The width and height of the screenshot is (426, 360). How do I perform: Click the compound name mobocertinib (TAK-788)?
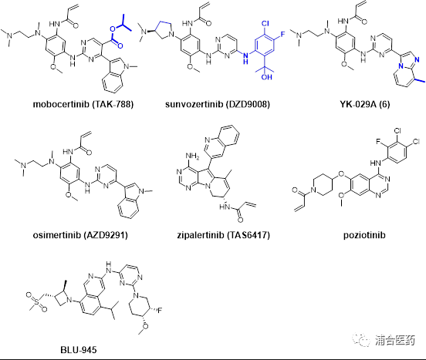[x=83, y=104]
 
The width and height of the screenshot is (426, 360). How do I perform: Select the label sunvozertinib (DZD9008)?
[x=218, y=104]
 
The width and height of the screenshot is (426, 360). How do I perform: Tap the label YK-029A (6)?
[x=364, y=104]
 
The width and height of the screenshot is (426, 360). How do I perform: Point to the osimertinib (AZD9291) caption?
[x=80, y=235]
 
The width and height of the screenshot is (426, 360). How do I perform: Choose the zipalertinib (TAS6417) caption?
[x=223, y=235]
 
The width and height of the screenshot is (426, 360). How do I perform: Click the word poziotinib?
[x=364, y=235]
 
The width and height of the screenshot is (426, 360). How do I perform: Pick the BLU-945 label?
[x=78, y=350]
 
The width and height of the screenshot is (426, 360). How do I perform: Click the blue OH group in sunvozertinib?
[x=266, y=77]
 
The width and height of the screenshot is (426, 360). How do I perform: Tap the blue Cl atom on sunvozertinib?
[x=265, y=24]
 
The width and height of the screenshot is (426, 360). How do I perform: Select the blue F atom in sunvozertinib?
[x=282, y=35]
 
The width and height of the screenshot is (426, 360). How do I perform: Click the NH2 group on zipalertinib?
[x=192, y=156]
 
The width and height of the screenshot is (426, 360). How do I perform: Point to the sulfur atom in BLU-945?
[x=37, y=301]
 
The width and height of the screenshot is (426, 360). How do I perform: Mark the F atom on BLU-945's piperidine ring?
[x=160, y=310]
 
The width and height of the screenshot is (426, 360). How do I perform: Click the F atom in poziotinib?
[x=377, y=142]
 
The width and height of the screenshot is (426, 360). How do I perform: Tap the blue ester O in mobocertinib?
[x=113, y=29]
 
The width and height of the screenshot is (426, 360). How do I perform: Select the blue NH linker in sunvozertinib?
[x=245, y=58]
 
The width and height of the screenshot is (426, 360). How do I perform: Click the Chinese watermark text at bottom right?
[x=395, y=340]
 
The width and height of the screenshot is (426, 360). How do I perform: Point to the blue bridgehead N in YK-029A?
[x=401, y=66]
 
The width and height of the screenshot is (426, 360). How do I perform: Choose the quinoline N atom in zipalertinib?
[x=208, y=140]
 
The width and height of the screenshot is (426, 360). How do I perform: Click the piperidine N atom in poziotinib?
[x=314, y=190]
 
